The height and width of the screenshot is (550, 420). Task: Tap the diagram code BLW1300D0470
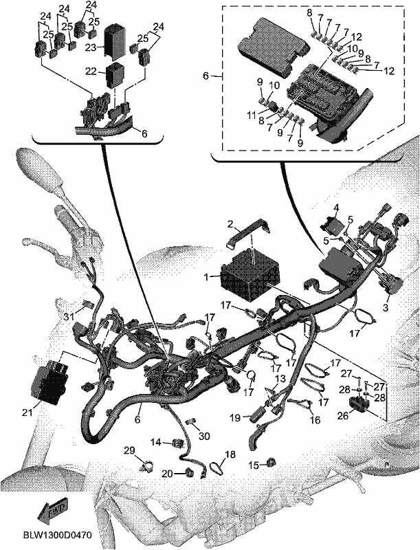[x=58, y=536]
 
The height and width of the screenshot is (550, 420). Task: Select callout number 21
[x=27, y=412]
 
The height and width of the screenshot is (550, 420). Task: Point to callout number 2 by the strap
[x=230, y=224]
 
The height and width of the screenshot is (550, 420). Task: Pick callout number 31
[x=70, y=316]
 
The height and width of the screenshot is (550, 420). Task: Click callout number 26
[x=343, y=416]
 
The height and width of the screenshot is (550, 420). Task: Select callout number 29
[x=129, y=450]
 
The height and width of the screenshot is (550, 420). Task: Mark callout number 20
[x=168, y=474]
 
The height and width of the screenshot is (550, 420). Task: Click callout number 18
[x=230, y=454]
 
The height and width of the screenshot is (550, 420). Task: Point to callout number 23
[x=91, y=47]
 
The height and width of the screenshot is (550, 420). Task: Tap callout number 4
[x=336, y=208]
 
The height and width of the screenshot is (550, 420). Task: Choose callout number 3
[x=386, y=308]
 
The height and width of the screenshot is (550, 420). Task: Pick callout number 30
[x=204, y=436]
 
